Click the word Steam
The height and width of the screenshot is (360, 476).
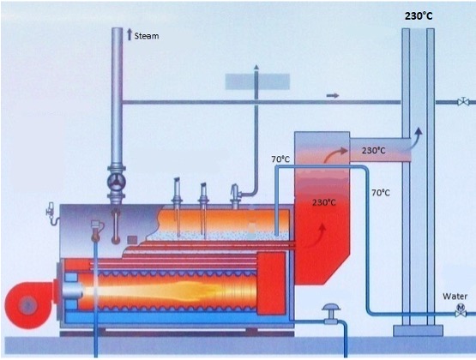[147, 36]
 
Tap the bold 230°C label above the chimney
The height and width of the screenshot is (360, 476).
[419, 16]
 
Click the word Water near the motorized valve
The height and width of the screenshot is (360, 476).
[455, 297]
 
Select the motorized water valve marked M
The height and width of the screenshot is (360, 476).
[461, 310]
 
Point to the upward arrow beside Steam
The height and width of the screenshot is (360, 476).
[130, 34]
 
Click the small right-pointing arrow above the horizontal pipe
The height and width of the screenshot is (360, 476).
[333, 95]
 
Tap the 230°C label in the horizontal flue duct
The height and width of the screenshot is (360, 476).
[374, 150]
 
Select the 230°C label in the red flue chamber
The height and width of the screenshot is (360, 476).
[324, 202]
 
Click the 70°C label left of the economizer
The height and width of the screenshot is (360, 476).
[280, 159]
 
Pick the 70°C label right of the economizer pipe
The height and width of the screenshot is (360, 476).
[381, 193]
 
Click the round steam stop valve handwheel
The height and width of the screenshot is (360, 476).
[117, 182]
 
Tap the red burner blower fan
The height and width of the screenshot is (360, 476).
[30, 305]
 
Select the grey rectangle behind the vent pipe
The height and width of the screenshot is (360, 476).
[257, 81]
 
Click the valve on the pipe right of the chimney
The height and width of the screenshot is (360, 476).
[463, 101]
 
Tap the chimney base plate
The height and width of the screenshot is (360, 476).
[418, 331]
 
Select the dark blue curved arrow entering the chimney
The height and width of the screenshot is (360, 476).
[414, 138]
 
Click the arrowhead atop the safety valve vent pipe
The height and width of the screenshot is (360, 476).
[256, 68]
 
